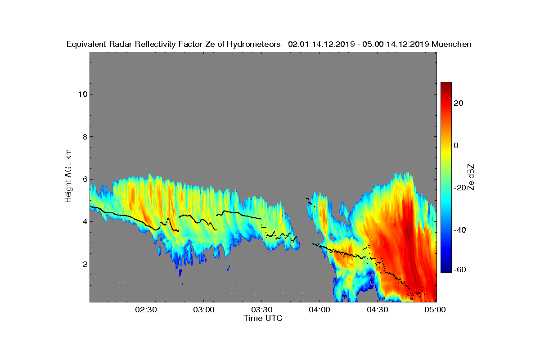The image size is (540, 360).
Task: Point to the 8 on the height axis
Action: (84, 137)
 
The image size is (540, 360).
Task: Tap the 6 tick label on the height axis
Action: (84, 179)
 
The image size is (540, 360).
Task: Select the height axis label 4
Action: (84, 221)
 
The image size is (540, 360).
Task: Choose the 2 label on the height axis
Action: (84, 264)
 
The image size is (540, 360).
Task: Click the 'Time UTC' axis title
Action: (263, 318)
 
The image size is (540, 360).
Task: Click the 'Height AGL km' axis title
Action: (68, 175)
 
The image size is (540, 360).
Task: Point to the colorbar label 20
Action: (459, 103)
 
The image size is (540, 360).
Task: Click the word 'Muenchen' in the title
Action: (451, 44)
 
